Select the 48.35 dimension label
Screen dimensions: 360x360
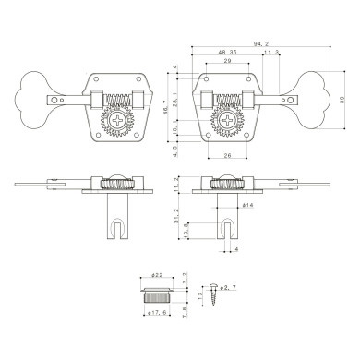pos(226,53)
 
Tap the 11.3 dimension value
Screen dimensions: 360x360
pos(273,53)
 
